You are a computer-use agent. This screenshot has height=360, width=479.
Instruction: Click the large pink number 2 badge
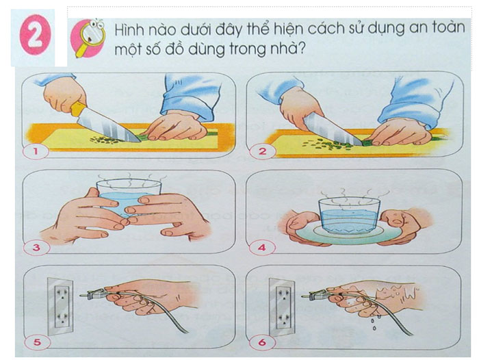(x=34, y=37)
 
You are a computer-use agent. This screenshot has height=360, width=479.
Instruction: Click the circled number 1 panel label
(x=36, y=151)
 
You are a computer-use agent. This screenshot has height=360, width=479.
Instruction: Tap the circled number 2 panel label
(x=262, y=151)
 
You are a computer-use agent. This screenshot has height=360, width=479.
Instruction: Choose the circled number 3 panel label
(x=36, y=247)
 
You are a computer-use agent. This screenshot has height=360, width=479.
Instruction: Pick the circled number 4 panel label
(x=262, y=247)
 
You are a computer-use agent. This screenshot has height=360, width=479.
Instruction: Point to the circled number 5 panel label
(x=37, y=342)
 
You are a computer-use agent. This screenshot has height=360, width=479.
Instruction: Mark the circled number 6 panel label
(x=262, y=342)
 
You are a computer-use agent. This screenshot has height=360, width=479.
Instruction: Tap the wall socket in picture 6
(x=282, y=307)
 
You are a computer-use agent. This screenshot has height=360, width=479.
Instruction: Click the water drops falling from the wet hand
(x=374, y=323)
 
